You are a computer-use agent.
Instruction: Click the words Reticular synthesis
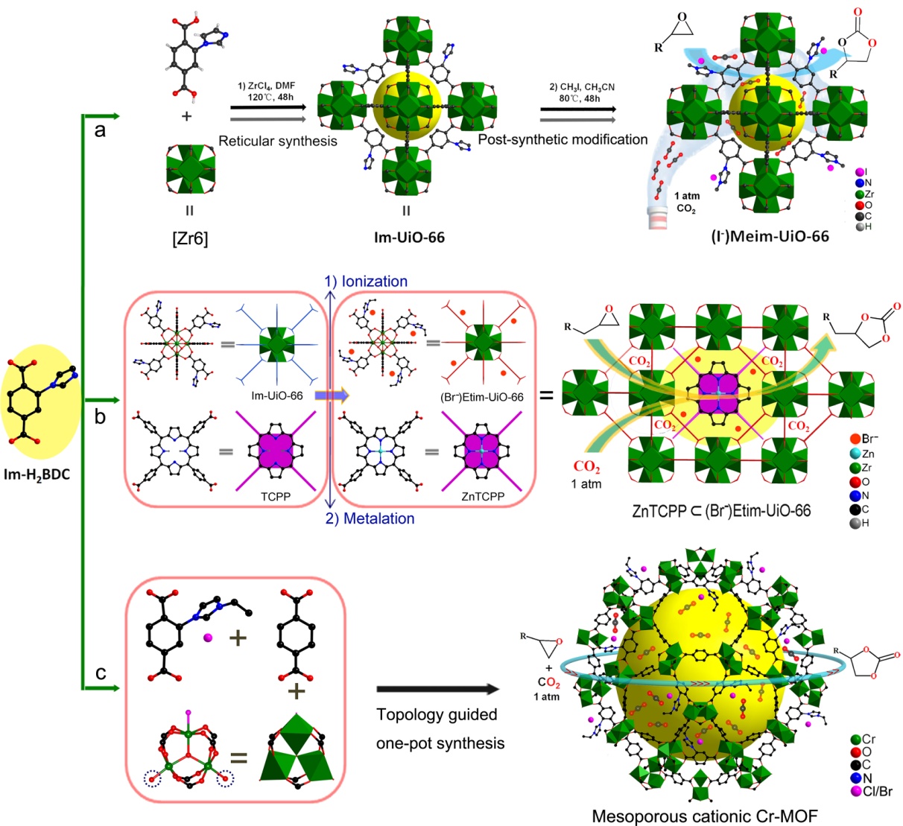click(277, 140)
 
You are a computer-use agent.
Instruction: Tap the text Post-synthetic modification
click(563, 139)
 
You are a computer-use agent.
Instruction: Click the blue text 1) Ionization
click(366, 282)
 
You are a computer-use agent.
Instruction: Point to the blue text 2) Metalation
click(370, 518)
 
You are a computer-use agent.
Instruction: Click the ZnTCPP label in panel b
click(483, 496)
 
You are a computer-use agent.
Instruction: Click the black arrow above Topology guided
click(436, 690)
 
